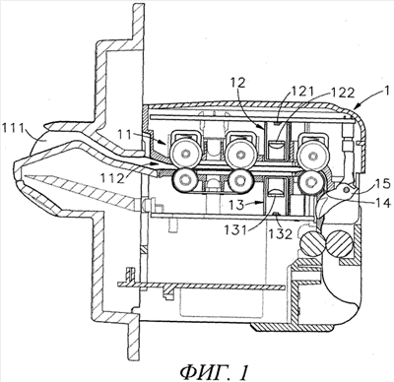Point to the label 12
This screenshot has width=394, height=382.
coord(238,83)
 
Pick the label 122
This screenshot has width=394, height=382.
coord(342,93)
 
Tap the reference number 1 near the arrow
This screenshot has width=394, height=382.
coord(387,91)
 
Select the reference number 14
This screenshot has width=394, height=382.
coord(383,202)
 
